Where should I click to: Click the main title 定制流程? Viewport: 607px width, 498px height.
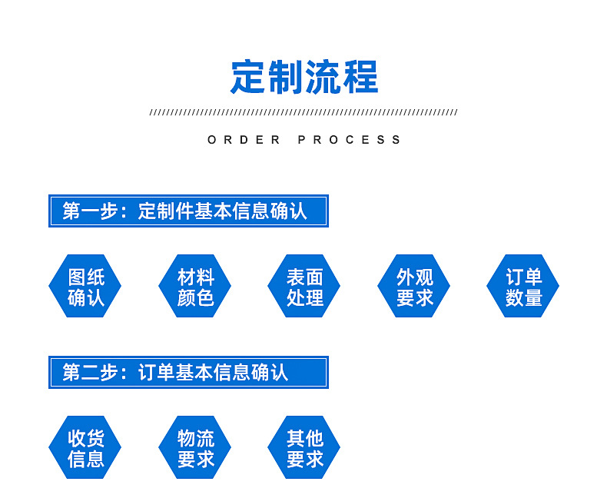pos(304,78)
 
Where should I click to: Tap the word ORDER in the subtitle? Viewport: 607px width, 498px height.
pos(244,140)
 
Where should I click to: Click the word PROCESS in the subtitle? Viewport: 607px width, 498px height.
pos(349,140)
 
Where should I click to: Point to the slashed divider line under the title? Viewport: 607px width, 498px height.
pos(303,112)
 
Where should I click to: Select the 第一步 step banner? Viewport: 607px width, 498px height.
pos(188,211)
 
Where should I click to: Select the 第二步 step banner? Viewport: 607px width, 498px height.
pos(188,372)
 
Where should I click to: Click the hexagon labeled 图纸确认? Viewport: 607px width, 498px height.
pos(85,286)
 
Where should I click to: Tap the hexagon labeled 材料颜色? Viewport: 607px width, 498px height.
pos(194,286)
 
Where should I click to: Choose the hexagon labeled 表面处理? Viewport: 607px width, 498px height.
pos(304,286)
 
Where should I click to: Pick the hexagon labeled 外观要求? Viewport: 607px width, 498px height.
pos(414,286)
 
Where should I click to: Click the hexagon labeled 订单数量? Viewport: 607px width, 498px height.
pos(523,286)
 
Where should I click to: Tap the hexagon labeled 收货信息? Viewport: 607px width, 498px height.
pos(85,447)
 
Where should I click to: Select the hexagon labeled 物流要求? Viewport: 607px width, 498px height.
pos(194,447)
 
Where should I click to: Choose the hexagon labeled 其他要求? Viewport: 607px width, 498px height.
pos(304,447)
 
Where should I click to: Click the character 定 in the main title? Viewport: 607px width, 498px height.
pos(247,78)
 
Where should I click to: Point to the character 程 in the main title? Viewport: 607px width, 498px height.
pos(361,78)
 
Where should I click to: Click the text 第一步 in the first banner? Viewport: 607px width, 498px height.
pos(90,211)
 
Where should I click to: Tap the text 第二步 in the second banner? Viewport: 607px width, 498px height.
pos(90,373)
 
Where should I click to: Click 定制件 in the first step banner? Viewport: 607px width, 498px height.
pos(166,211)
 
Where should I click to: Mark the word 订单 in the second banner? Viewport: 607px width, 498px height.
pos(157,373)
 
